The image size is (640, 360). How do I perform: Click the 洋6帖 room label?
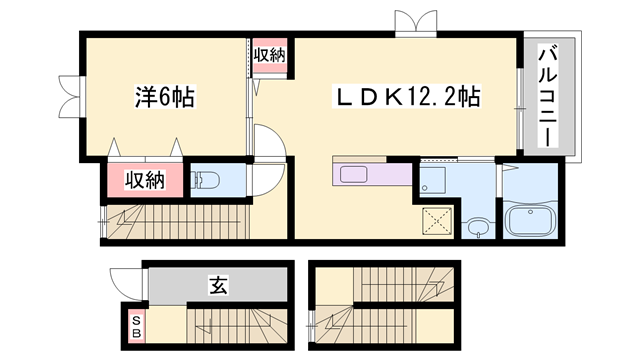point(165,97)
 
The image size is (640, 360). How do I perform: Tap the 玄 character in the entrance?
point(218,285)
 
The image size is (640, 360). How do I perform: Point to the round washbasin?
point(478,226)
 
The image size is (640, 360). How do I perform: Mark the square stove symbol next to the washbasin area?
point(434,180)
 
